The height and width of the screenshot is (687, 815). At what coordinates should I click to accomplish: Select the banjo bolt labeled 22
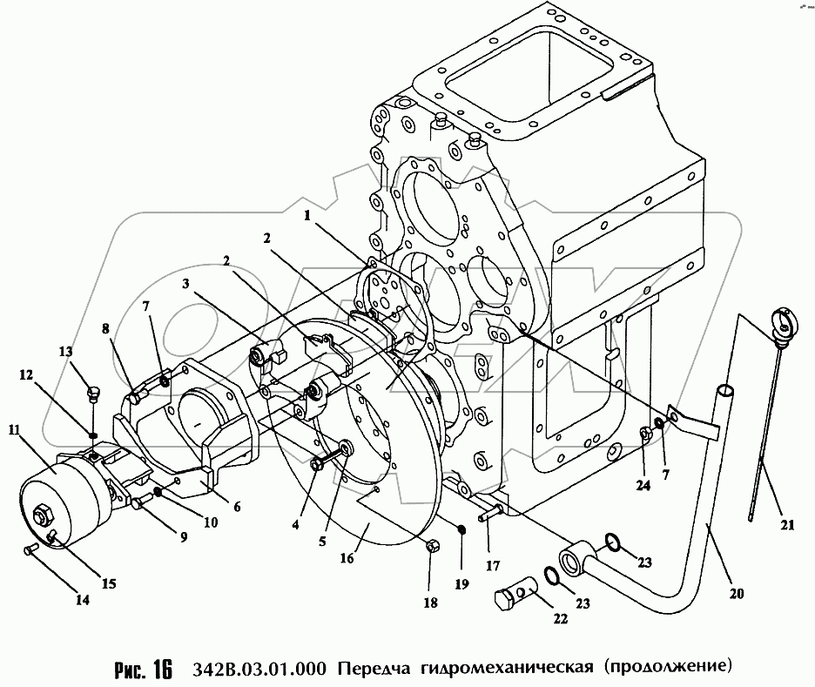(515, 598)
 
